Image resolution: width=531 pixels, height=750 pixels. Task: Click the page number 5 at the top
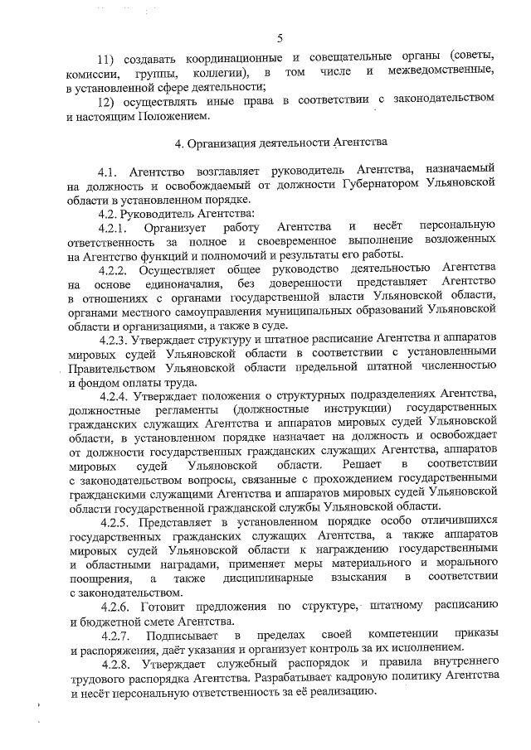[x=280, y=37]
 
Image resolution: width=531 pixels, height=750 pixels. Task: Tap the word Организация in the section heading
[x=222, y=143]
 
